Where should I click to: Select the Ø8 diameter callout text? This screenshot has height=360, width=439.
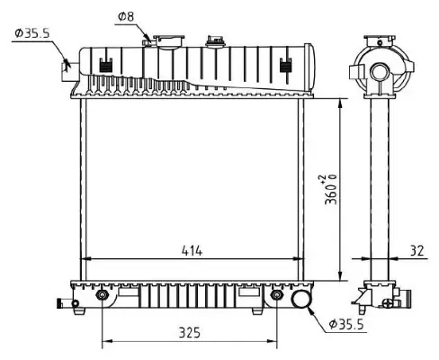point(126,16)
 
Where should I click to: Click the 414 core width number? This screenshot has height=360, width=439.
point(191,251)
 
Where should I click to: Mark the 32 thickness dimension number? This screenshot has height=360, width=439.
point(416,252)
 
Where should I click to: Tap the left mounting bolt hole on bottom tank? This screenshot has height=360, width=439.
point(102,295)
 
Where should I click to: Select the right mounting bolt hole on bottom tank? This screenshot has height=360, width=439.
point(276,295)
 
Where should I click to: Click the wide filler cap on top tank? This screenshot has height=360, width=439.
point(168,42)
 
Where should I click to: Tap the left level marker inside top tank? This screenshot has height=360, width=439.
point(106,64)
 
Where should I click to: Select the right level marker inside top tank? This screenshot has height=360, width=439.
point(287,64)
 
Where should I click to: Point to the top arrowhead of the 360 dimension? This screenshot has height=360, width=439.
point(339,102)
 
